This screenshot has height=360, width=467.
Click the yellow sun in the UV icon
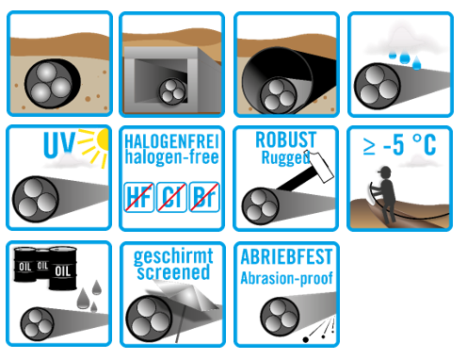[x=104, y=139]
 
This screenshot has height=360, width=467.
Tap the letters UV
[x=59, y=144]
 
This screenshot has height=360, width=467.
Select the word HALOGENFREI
[x=171, y=141]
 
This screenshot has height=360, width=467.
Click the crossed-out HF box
[x=139, y=197]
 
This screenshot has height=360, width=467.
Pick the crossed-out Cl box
[x=171, y=197]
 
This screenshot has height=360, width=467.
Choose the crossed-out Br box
[x=204, y=197]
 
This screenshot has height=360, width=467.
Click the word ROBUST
[x=285, y=139]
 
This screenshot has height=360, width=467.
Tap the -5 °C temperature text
[x=410, y=144]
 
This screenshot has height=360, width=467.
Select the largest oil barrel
[x=63, y=269]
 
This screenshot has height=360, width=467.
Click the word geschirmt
[x=173, y=257]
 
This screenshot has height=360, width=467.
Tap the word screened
[x=173, y=272]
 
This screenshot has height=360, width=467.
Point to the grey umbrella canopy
[x=185, y=294]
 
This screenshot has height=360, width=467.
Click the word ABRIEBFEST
[x=286, y=257]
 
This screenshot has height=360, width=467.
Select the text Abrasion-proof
[x=286, y=278]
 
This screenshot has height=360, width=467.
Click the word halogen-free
[x=171, y=157]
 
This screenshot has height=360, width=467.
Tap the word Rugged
[x=285, y=157]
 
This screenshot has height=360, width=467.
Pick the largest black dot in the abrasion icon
[x=305, y=339]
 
